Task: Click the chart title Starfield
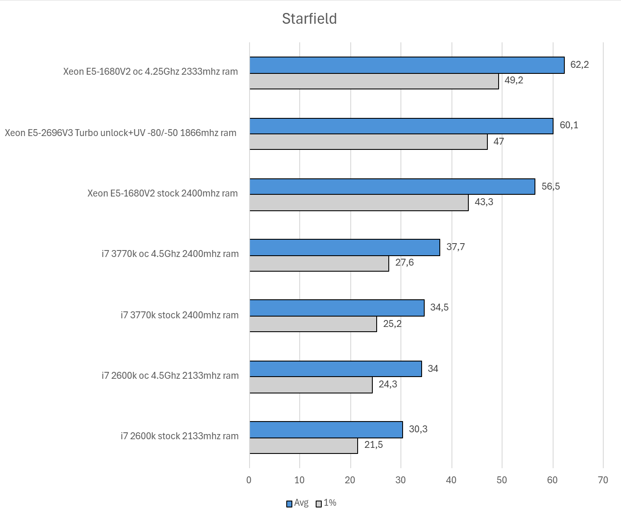[309, 19]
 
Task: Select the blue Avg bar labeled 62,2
[407, 65]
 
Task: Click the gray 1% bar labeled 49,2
[374, 81]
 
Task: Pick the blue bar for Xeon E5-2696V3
[401, 126]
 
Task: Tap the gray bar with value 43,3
[359, 203]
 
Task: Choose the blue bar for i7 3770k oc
[345, 247]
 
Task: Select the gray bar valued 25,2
[313, 324]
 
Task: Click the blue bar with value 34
[336, 369]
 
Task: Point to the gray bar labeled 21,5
[304, 446]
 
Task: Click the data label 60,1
[569, 125]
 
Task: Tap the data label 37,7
[455, 247]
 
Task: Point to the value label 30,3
[418, 429]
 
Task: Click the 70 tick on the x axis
[602, 480]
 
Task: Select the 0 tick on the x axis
[249, 480]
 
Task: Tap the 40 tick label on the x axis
[451, 480]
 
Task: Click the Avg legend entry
[298, 503]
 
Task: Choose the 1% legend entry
[327, 503]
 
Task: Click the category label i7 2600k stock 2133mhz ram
[179, 436]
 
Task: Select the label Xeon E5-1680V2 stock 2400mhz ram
[163, 193]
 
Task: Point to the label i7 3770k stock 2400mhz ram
[179, 315]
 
